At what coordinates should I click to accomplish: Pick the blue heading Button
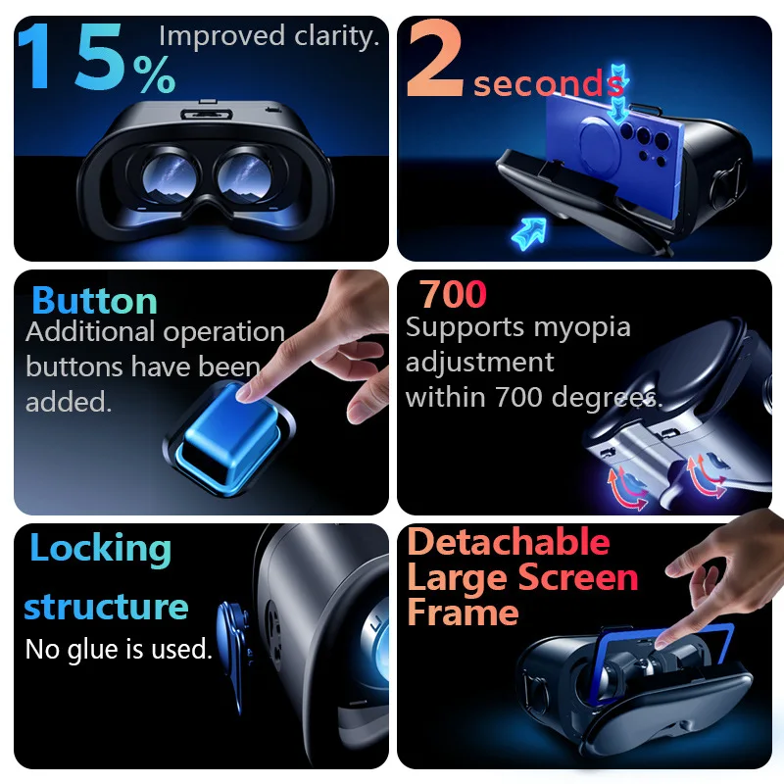[x=94, y=300]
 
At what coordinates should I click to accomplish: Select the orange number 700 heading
[x=453, y=294]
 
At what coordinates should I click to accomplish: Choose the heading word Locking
[x=100, y=549]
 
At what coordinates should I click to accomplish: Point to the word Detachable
[x=508, y=542]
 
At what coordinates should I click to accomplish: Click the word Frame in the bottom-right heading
[x=463, y=612]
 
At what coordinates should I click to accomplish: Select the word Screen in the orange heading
[x=578, y=577]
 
